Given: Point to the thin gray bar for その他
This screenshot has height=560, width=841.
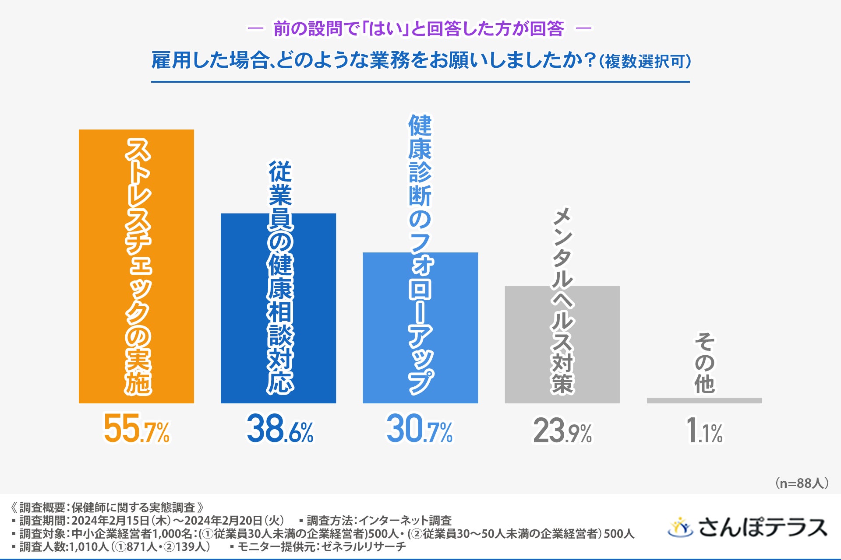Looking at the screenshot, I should [x=704, y=400].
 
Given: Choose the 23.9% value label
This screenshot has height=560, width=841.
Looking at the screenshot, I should [x=562, y=431].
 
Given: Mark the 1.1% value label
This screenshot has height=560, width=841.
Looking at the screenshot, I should [x=704, y=431].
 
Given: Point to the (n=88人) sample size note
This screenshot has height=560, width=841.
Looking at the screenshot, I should [x=802, y=483].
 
